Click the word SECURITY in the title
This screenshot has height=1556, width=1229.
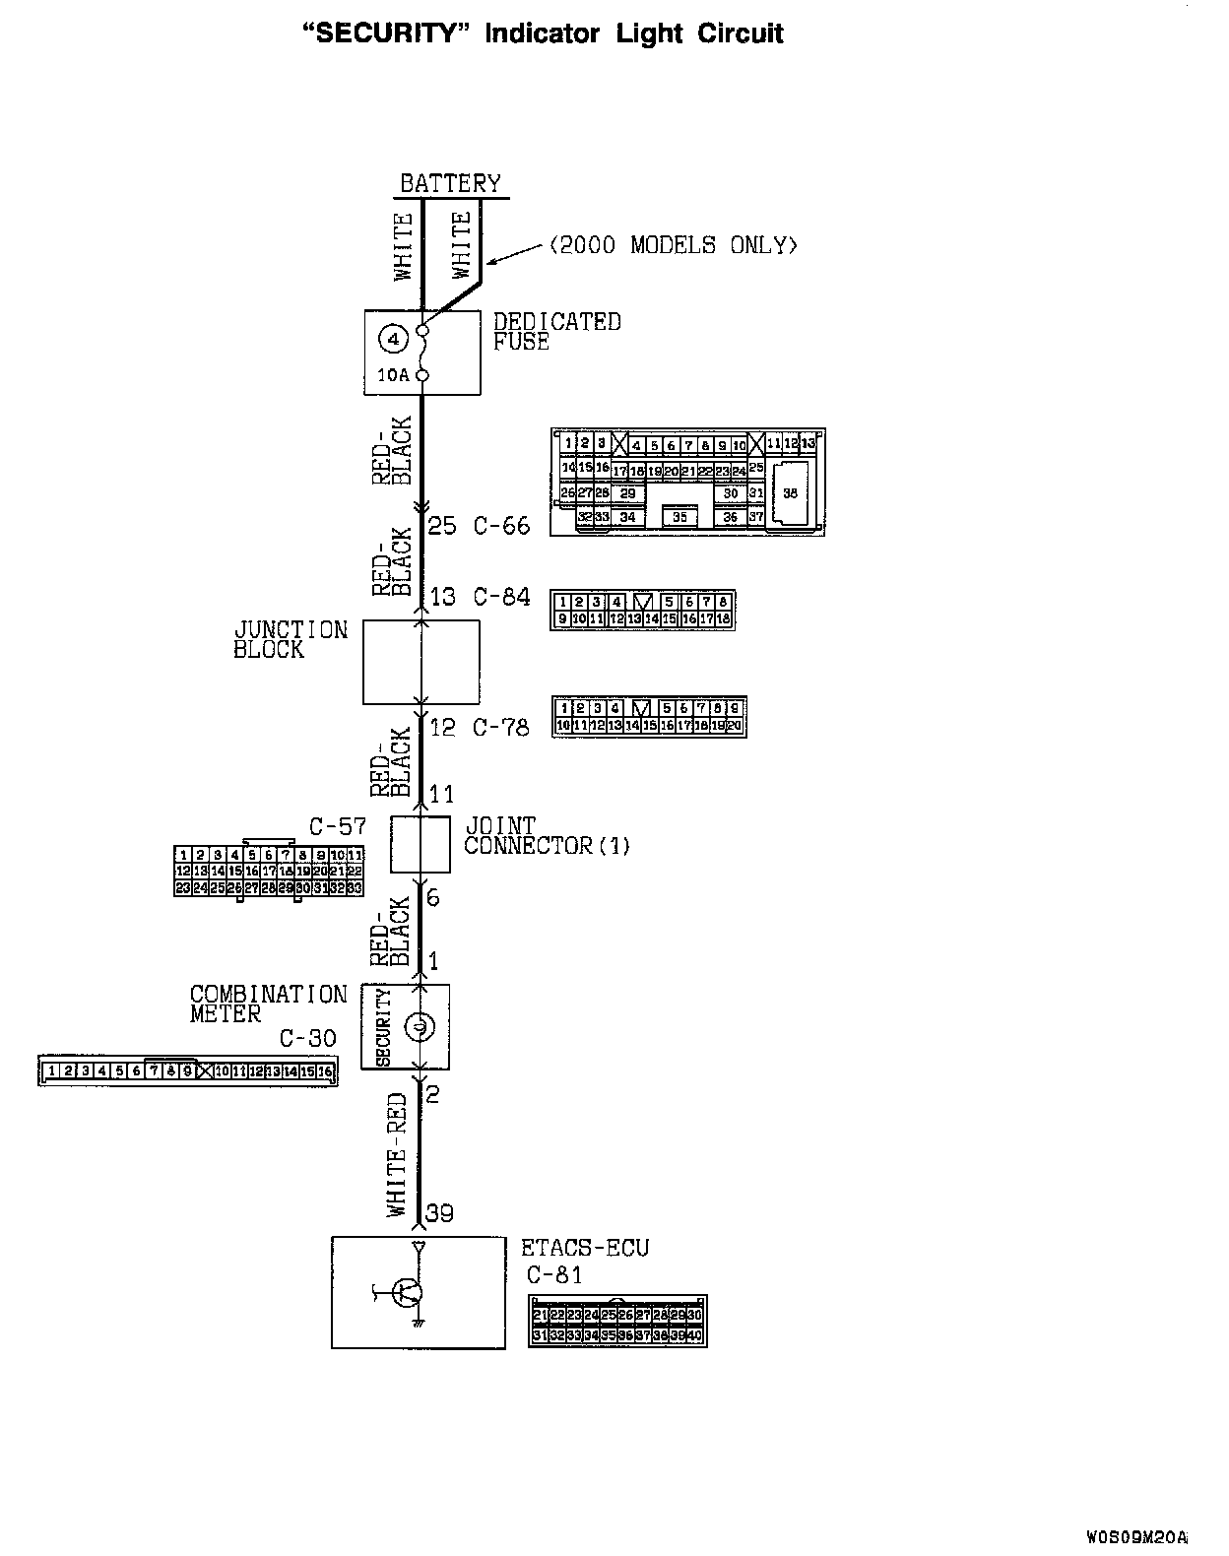coord(383,33)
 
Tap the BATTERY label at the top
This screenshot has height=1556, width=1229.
coord(450,183)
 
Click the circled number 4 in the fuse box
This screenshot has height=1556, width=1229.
coord(392,340)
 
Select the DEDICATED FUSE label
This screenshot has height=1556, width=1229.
coord(556,332)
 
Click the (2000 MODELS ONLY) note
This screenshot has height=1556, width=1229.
coord(673,245)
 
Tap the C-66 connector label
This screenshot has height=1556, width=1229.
coord(501,525)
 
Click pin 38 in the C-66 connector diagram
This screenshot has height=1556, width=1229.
coord(790,493)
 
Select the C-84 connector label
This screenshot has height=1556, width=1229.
coord(501,597)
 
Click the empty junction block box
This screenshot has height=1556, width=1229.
coord(421,662)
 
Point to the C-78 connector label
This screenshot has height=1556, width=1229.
coord(501,727)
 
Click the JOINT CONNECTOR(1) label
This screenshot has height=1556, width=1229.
coord(547,835)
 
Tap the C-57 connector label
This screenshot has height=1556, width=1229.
coord(337,825)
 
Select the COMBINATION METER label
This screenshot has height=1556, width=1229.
coord(268,1004)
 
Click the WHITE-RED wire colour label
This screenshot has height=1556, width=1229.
coord(398,1154)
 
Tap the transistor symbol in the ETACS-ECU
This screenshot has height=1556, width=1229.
coord(407,1292)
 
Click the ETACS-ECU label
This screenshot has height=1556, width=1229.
coord(585,1248)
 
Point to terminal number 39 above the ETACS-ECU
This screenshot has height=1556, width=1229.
coord(439,1212)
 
